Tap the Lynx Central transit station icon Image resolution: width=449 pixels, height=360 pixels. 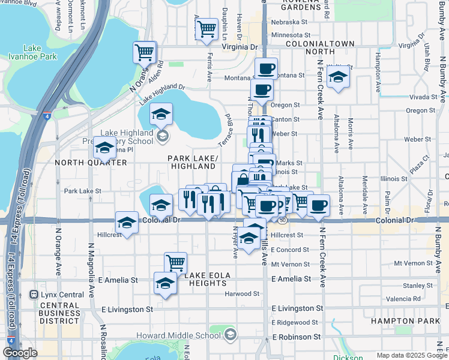click(34, 295)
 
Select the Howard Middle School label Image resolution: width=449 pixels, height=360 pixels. click(187, 335)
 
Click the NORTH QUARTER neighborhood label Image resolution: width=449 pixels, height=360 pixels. click(91, 163)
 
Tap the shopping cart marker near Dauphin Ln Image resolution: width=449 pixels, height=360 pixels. click(206, 28)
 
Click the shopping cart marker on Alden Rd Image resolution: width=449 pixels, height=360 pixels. click(144, 52)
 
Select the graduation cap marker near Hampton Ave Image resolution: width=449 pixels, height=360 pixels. click(339, 77)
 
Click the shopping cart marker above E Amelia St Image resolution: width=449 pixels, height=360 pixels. click(175, 262)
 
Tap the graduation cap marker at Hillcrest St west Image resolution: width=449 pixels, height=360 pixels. click(127, 223)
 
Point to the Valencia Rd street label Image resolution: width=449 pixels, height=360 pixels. click(403, 299)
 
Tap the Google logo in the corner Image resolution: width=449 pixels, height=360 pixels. click(20, 353)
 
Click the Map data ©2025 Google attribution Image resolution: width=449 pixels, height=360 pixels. click(403, 355)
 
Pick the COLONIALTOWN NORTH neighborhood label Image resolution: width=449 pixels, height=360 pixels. click(310, 48)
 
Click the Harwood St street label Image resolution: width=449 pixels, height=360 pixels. click(242, 293)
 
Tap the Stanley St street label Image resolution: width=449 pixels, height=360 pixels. click(414, 286)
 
